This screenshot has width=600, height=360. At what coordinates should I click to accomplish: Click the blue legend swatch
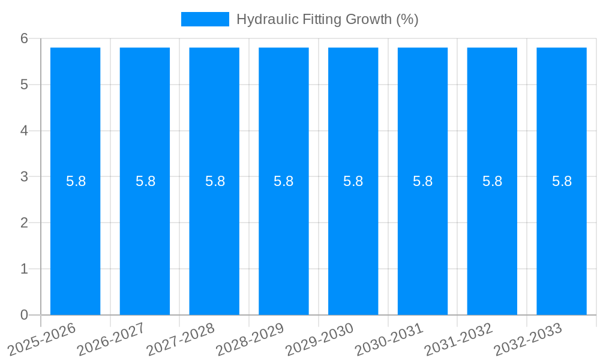coord(205,19)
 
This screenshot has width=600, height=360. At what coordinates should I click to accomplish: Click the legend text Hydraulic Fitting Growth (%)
coord(327,19)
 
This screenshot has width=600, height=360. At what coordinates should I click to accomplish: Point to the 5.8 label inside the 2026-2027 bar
coord(145,181)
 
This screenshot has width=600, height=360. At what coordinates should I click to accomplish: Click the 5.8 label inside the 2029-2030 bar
coord(353,181)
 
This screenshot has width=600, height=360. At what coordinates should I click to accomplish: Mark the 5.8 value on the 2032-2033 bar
coord(562,181)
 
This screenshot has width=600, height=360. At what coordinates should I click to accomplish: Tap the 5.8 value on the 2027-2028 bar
coord(215,181)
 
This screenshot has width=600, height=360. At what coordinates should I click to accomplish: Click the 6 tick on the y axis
coord(25,38)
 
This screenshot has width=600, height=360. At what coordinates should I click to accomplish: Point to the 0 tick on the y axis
coord(25,315)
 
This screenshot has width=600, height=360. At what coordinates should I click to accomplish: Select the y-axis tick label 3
coord(25,176)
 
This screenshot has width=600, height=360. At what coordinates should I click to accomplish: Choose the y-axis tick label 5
coord(25,85)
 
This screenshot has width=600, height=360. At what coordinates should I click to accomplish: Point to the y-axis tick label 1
coord(25,269)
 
